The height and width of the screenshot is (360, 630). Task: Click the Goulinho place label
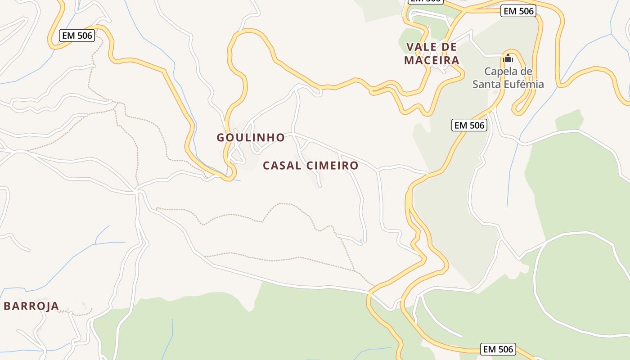[251, 137]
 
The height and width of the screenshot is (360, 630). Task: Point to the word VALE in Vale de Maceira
[419, 47]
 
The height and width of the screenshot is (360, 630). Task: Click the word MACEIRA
[432, 60]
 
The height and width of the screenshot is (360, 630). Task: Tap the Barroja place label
[31, 306]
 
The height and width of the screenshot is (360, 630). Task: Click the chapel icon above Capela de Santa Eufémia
[508, 58]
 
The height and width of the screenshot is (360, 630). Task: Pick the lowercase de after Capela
[527, 71]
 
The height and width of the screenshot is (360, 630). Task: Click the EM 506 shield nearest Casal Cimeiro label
[469, 126]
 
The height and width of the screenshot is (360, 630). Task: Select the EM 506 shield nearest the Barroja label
[77, 36]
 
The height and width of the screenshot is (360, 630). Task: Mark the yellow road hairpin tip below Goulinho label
[229, 179]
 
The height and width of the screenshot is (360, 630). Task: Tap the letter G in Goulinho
[221, 137]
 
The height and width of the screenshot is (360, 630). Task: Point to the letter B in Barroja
[8, 306]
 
